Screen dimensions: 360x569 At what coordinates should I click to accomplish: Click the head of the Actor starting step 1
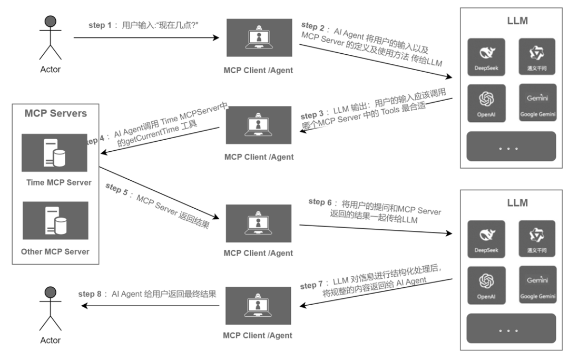[51, 21]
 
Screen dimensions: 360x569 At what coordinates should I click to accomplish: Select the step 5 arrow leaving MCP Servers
[158, 193]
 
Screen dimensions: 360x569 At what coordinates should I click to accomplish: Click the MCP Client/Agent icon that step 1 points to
[259, 37]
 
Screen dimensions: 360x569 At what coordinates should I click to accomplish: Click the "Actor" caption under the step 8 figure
[51, 340]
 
